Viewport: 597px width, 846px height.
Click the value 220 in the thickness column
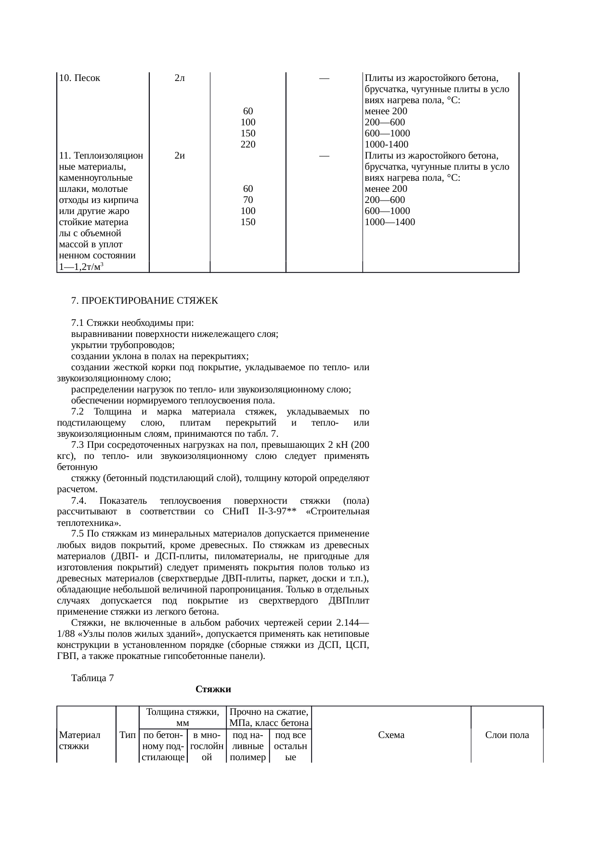click(x=248, y=145)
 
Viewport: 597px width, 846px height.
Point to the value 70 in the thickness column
click(x=248, y=200)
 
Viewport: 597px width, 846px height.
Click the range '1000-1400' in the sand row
click(x=387, y=145)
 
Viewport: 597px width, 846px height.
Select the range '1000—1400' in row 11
click(x=390, y=222)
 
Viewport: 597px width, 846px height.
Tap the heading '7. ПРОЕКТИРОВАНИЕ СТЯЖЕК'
click(x=144, y=301)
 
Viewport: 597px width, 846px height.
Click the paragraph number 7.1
click(x=78, y=323)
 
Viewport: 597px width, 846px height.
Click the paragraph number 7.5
click(x=78, y=534)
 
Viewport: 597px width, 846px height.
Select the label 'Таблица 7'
click(x=92, y=678)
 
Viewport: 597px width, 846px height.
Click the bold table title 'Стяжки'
click(x=213, y=689)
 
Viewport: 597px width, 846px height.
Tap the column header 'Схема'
click(x=391, y=735)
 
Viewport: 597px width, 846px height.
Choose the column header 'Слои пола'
click(x=507, y=735)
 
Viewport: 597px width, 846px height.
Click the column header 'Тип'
click(x=127, y=735)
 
